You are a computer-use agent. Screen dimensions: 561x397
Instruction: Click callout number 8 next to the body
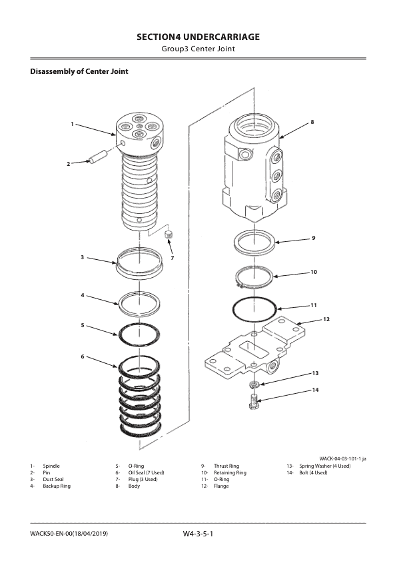pos(311,123)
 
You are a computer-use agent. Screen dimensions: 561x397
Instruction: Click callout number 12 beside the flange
pos(326,319)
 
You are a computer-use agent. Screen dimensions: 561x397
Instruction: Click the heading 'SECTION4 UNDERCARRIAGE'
pos(198,37)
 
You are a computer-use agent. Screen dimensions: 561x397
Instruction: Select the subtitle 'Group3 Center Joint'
pos(198,49)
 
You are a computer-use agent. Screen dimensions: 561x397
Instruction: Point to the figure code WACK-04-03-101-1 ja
pos(342,458)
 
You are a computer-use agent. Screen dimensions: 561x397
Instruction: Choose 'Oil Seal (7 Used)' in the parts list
pos(142,472)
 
